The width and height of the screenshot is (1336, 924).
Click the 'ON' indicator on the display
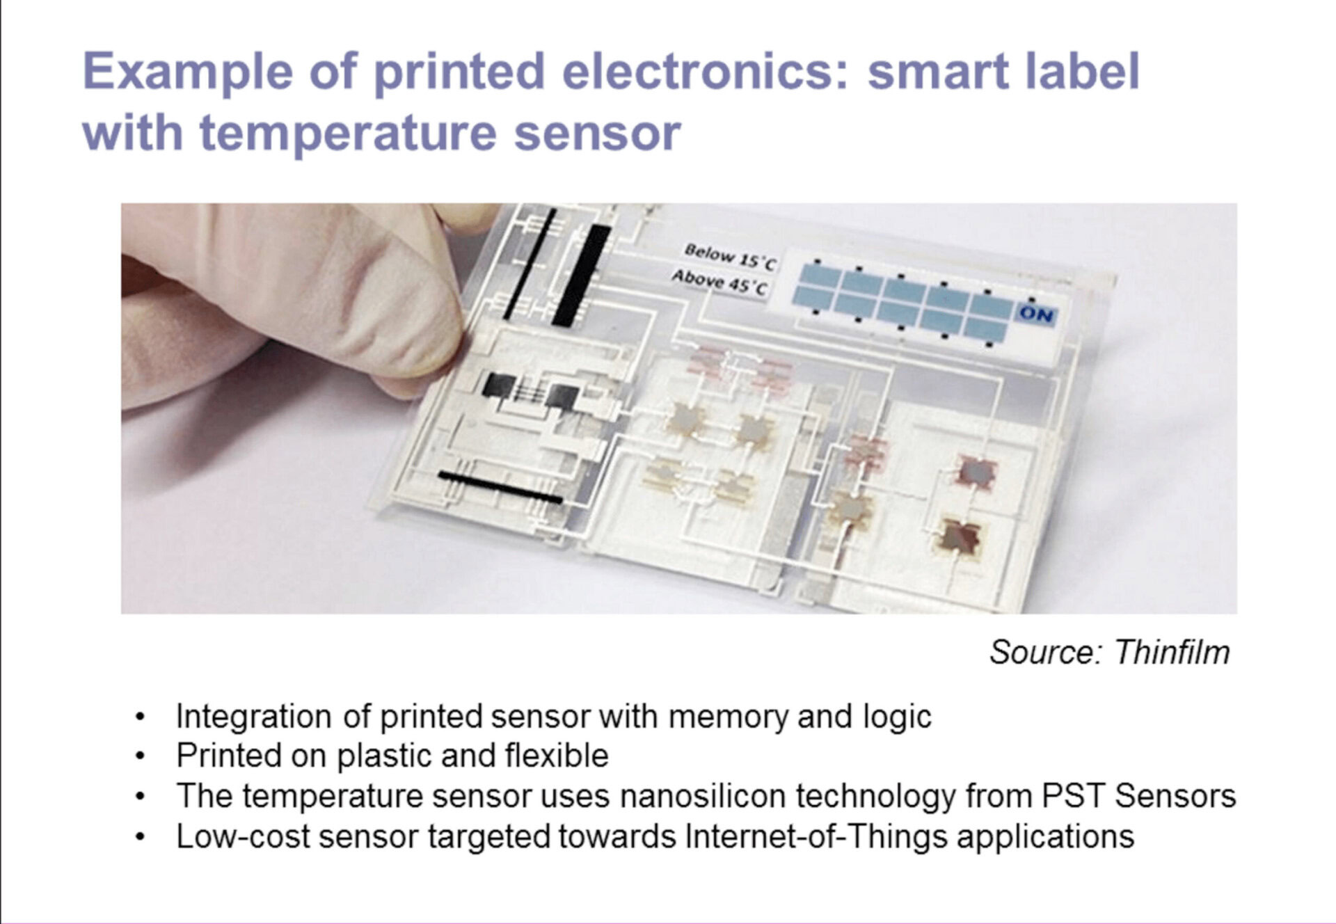1037,314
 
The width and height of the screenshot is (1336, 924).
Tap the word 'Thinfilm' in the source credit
1172,653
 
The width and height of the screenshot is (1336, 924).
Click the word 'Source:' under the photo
1047,653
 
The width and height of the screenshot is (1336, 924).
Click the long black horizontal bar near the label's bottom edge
500,486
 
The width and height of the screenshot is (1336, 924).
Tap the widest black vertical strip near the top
582,276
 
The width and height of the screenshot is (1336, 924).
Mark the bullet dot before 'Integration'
141,717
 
